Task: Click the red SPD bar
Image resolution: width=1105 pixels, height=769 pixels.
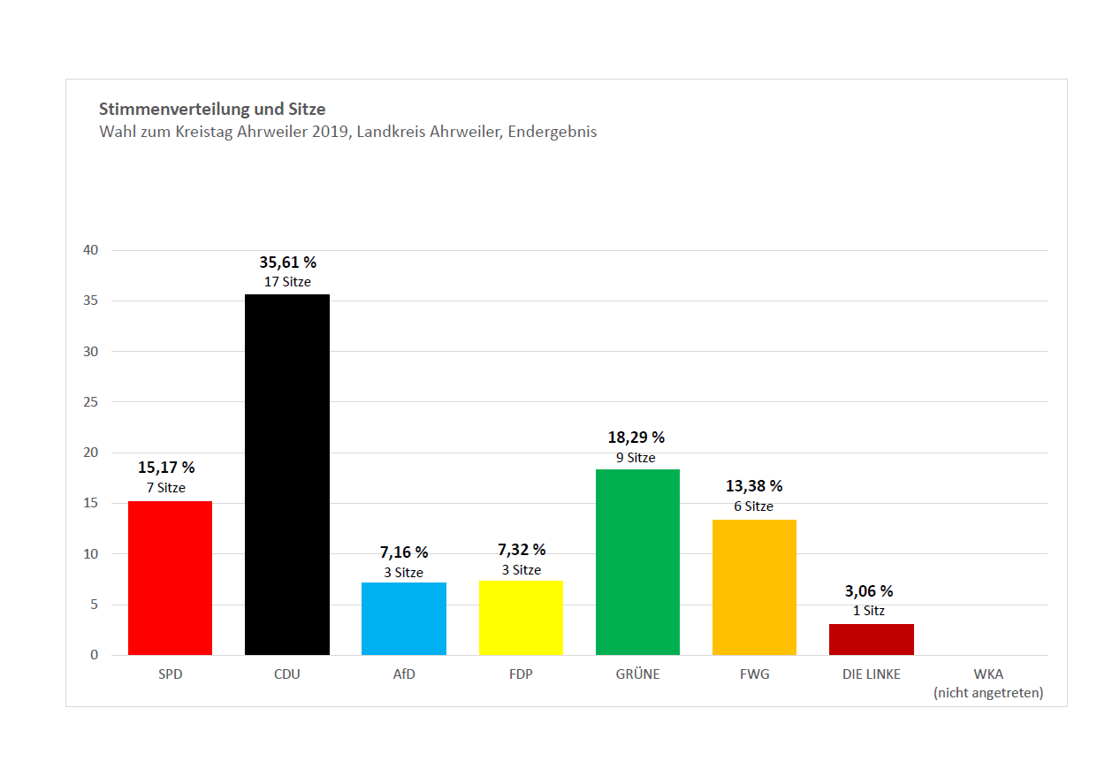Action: (x=170, y=578)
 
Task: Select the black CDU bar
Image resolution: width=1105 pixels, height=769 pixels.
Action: (x=287, y=475)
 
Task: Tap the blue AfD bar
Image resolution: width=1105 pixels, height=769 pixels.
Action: (x=404, y=619)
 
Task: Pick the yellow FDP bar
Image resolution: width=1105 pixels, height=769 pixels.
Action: (x=521, y=618)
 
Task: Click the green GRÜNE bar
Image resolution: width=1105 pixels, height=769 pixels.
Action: (x=637, y=562)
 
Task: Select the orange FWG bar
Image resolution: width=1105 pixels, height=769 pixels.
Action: (x=754, y=587)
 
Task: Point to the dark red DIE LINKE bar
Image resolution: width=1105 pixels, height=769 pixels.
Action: (x=871, y=639)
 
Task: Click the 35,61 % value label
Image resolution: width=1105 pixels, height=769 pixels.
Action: (x=287, y=263)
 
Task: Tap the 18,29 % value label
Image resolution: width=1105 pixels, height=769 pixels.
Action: (x=636, y=438)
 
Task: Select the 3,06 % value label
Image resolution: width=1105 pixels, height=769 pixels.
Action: (x=868, y=591)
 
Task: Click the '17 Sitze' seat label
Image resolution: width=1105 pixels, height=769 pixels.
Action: (x=287, y=282)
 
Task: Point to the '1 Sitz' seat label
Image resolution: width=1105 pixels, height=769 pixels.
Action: (x=868, y=611)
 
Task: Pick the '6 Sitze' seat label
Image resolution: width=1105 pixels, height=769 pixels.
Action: (x=752, y=506)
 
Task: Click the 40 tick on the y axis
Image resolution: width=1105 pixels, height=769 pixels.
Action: (x=91, y=250)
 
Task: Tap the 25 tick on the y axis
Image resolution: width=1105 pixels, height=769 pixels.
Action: (x=91, y=402)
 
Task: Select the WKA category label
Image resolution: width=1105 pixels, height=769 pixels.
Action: (x=987, y=674)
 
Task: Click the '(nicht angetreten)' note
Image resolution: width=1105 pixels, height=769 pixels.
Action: (x=987, y=693)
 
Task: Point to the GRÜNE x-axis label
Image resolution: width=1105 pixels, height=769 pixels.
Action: (x=637, y=674)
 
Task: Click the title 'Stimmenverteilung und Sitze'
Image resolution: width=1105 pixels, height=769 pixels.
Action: (x=212, y=110)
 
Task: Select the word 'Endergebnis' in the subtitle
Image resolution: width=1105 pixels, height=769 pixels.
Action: (x=552, y=133)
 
